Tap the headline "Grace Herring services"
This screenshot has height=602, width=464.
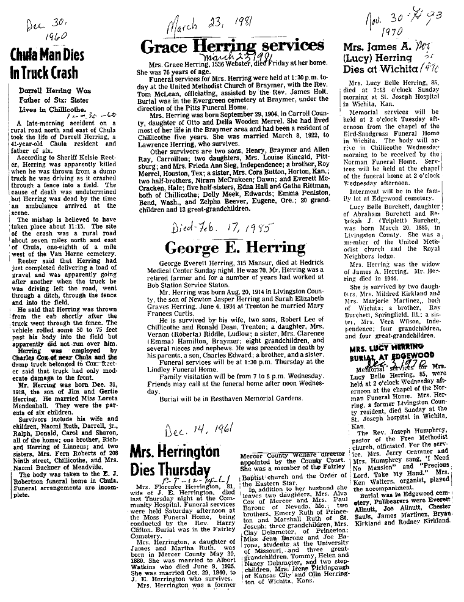pos(232,46)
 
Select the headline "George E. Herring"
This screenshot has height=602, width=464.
pos(235,248)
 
